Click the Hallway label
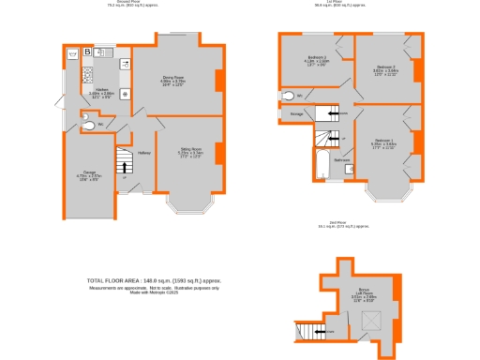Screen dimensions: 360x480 [145, 153]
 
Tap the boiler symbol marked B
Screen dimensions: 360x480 [87, 52]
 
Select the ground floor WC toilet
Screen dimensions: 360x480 [87, 126]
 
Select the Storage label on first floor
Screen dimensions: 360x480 [296, 114]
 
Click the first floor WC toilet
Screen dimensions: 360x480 [291, 94]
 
